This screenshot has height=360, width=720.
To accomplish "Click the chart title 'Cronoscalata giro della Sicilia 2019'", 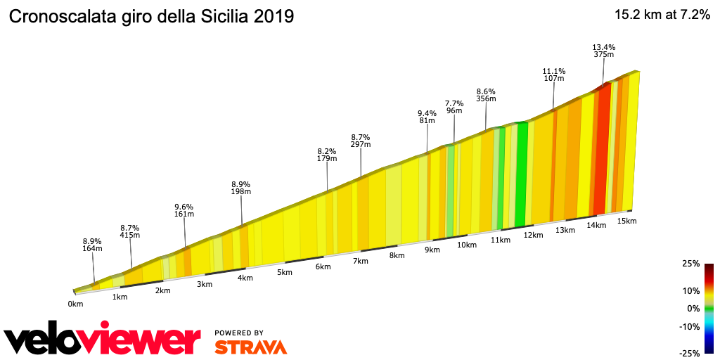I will (150, 16).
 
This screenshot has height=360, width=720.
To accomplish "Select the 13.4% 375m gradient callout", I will (604, 52).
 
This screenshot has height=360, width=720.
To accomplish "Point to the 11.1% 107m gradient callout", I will (553, 75).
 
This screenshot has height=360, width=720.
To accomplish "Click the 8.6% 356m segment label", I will (486, 96).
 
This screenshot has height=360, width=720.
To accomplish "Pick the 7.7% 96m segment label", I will (454, 108).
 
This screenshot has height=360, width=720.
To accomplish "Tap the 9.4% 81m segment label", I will (427, 117).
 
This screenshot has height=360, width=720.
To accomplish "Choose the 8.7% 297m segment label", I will (361, 141).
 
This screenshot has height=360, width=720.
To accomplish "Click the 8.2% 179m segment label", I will (327, 155).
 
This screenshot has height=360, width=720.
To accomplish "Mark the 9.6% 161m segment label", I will (184, 212).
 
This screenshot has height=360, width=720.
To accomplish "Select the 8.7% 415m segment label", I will (130, 233).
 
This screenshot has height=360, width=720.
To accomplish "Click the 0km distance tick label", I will (75, 304).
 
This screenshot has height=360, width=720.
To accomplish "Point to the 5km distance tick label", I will (285, 273).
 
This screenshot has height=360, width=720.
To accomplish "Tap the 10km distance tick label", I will (467, 245).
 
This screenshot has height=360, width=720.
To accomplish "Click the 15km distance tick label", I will (626, 221).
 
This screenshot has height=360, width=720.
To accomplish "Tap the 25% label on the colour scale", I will (690, 264).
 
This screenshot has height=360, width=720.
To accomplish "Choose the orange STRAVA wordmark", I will (250, 347).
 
